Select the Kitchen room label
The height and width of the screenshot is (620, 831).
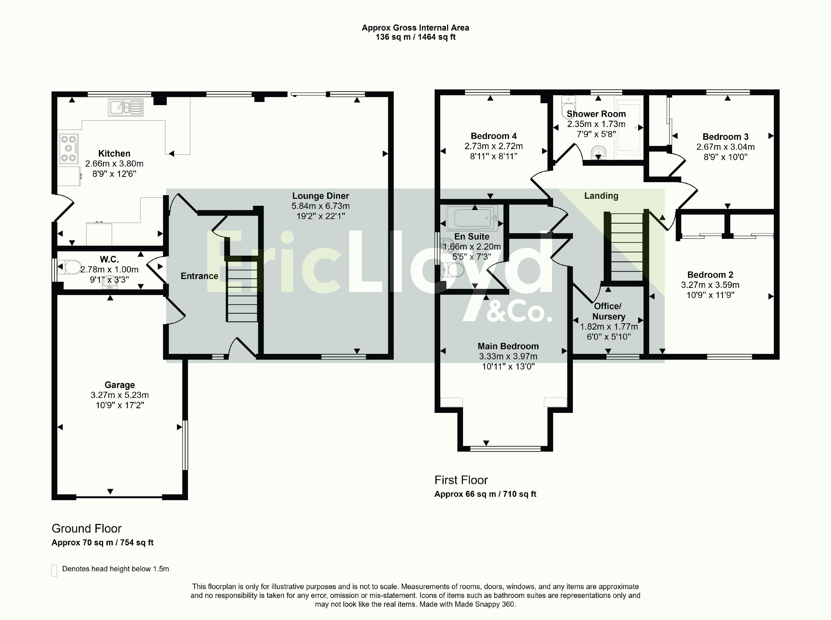pyautogui.click(x=114, y=153)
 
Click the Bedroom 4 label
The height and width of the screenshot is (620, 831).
pyautogui.click(x=494, y=136)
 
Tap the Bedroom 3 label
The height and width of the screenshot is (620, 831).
pyautogui.click(x=726, y=137)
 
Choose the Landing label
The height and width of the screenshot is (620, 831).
pyautogui.click(x=601, y=195)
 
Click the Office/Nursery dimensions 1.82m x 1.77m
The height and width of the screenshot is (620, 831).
pyautogui.click(x=609, y=326)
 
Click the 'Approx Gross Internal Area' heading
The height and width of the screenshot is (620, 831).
pyautogui.click(x=415, y=28)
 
